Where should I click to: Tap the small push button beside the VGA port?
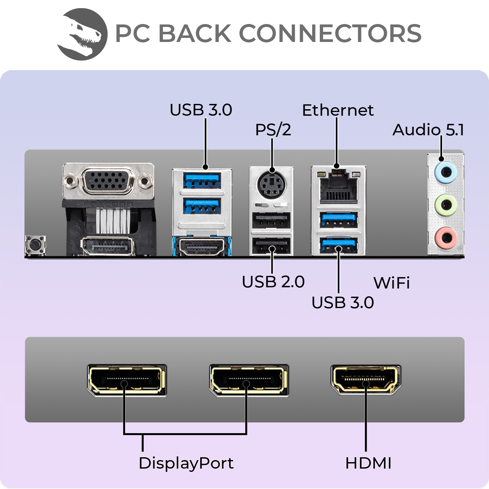tap(35, 245)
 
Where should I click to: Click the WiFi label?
tap(391, 283)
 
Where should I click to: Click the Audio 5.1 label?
tap(428, 130)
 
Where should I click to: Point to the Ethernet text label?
tap(337, 110)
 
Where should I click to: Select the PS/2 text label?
tap(273, 130)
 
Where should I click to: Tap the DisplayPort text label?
tap(186, 463)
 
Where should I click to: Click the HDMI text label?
tap(368, 463)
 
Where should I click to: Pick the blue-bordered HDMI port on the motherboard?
tap(202, 247)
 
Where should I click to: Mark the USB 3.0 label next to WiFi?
tap(342, 303)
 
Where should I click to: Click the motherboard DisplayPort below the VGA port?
tap(108, 247)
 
